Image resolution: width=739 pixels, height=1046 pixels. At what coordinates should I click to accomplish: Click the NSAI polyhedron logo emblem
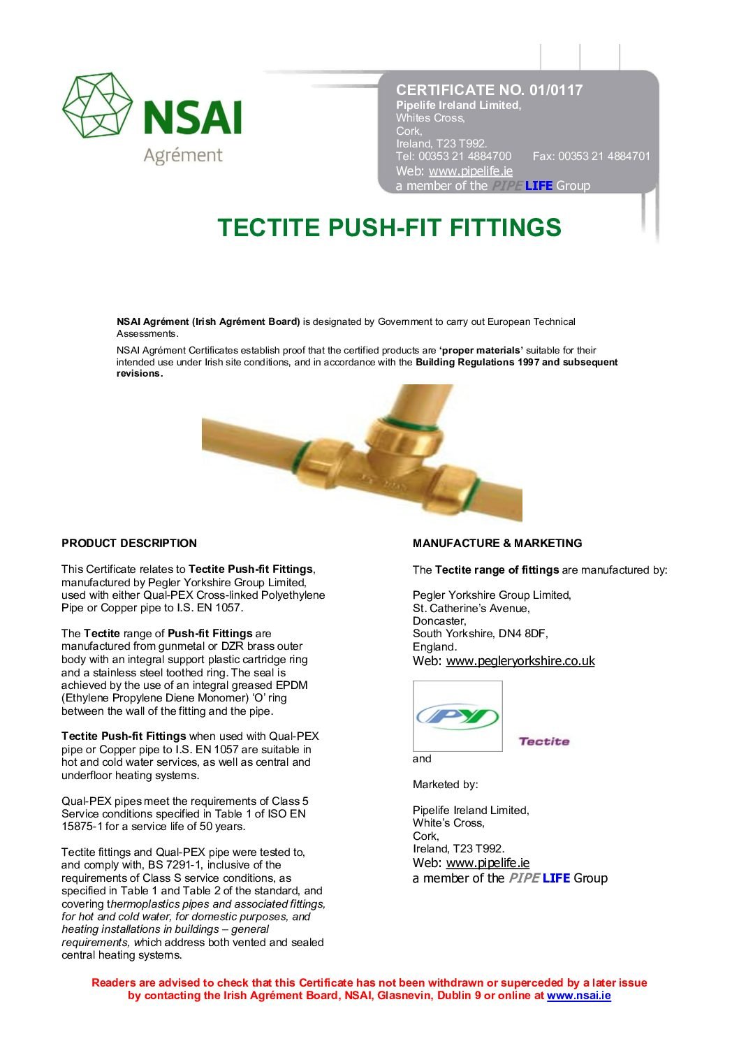coord(97,106)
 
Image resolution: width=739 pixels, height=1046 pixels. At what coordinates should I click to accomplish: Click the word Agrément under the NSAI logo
coord(182,155)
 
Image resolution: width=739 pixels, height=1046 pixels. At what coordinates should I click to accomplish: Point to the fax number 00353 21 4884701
coord(603,157)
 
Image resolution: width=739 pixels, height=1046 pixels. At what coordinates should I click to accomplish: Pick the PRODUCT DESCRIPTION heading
coord(129,543)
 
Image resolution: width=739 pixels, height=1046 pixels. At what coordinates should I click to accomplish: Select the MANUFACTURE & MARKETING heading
coord(497,543)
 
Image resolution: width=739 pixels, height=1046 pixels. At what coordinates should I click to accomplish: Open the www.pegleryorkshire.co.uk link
coord(520,661)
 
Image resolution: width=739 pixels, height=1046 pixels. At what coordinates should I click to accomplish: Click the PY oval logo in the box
coord(458,716)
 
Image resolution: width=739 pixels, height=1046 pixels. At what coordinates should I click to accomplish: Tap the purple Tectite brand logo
coord(543,741)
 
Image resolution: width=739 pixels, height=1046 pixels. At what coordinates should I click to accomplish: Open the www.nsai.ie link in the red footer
coord(578,996)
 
